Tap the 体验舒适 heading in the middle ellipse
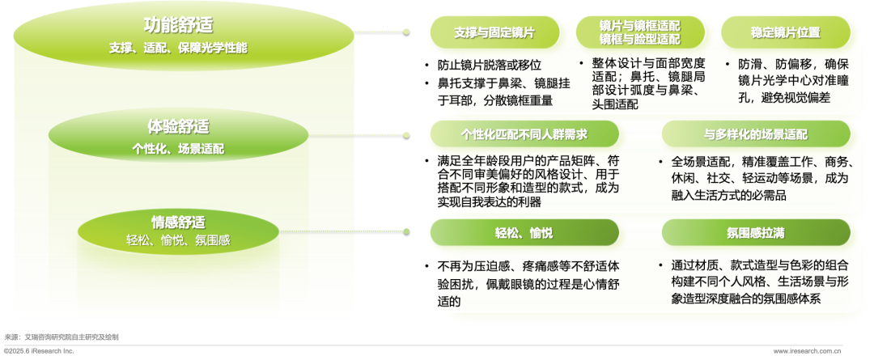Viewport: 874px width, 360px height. [x=178, y=127]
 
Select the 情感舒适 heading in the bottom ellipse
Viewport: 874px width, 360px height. [x=178, y=222]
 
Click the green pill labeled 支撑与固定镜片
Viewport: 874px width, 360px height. [x=494, y=33]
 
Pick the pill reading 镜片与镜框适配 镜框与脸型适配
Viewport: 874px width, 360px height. [x=639, y=32]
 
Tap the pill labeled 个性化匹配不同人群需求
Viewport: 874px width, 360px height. [x=524, y=134]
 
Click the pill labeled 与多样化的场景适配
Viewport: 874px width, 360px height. [x=755, y=134]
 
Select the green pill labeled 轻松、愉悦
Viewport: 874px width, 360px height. [x=524, y=233]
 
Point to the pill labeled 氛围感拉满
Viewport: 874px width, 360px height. [x=755, y=233]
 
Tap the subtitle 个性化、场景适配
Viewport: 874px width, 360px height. [x=178, y=149]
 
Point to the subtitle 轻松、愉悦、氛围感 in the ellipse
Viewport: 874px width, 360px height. [x=178, y=240]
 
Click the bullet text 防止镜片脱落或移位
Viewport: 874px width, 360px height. [x=489, y=65]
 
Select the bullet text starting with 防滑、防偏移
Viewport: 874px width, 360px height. [x=790, y=80]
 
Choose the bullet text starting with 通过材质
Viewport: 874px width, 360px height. [x=756, y=282]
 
